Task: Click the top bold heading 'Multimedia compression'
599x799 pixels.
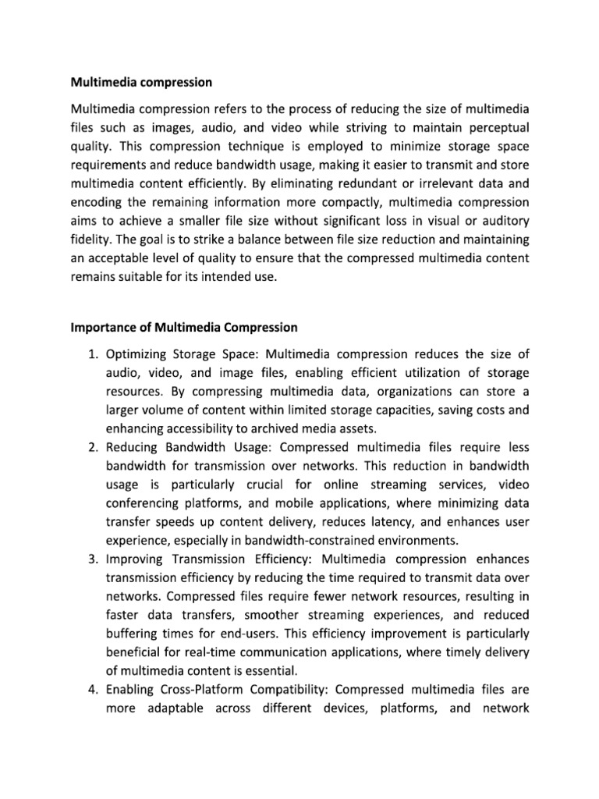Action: pos(141,81)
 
